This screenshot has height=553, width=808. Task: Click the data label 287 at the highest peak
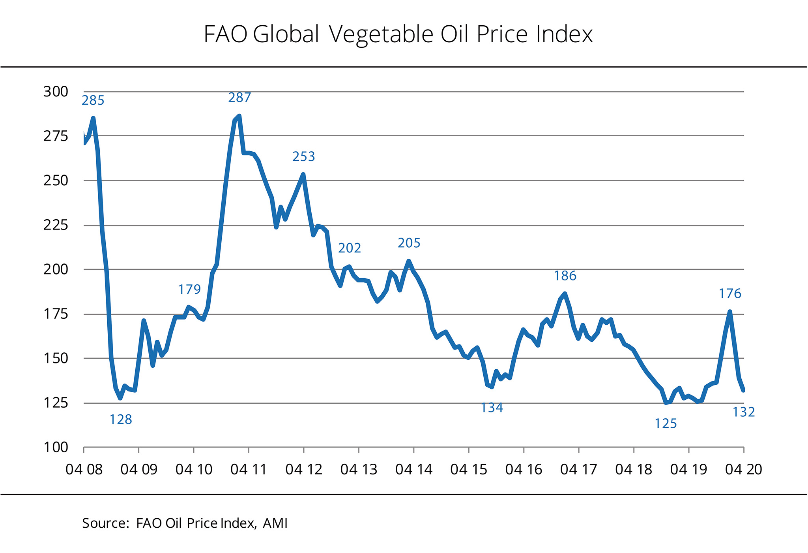point(239,97)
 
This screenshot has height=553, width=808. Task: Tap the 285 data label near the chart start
point(93,101)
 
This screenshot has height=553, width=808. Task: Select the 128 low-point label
point(121,419)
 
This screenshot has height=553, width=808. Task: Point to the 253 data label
point(304,157)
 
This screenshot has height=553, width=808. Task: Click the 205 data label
point(409,243)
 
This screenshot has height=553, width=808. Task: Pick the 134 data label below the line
point(492,408)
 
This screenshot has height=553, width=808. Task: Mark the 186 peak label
point(565,276)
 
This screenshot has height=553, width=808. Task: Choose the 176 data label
point(730,293)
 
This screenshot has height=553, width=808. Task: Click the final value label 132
point(744,412)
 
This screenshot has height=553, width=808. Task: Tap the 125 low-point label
point(666,424)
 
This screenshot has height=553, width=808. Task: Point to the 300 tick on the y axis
point(56,92)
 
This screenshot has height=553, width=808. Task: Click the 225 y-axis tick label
point(56,225)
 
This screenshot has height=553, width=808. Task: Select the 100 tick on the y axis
point(56,448)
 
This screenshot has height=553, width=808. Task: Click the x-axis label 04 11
point(249,469)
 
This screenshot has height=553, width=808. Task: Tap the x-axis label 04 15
point(469,469)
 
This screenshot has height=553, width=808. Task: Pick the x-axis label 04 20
point(744,469)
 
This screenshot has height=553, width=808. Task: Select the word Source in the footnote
point(104,523)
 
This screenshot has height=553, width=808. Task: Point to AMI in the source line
point(275,523)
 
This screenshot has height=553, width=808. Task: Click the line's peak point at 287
point(239,116)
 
